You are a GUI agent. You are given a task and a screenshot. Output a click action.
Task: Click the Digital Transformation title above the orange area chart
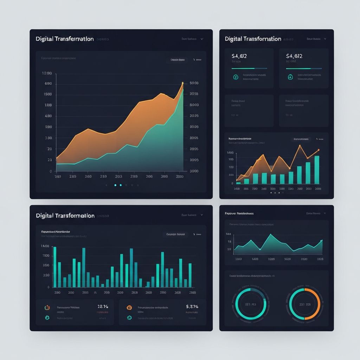click(x=65, y=39)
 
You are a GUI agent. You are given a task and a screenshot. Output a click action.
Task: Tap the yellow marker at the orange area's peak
click(x=183, y=83)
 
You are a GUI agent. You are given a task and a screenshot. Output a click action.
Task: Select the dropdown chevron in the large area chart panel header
click(x=201, y=39)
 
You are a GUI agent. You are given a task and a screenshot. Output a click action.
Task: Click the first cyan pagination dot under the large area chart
click(x=115, y=185)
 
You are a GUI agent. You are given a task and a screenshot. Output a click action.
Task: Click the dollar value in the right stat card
click(x=294, y=56)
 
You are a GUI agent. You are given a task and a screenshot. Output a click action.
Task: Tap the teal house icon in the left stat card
click(x=236, y=77)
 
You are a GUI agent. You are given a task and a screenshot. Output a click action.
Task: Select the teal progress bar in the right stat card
click(x=298, y=69)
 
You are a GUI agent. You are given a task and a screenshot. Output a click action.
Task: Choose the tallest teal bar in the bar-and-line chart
click(x=317, y=169)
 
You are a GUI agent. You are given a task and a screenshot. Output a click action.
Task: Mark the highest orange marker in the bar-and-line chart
click(x=300, y=145)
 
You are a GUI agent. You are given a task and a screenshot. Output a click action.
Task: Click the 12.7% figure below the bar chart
click(x=103, y=307)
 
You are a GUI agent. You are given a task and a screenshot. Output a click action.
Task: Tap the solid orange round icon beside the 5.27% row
click(x=129, y=308)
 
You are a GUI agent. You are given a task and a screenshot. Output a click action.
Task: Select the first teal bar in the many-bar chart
click(x=55, y=267)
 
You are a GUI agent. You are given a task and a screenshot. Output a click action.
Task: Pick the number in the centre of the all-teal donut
click(x=250, y=304)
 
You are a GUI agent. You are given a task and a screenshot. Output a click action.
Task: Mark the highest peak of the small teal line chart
click(x=270, y=234)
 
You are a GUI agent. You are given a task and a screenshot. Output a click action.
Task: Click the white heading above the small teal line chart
click(x=239, y=213)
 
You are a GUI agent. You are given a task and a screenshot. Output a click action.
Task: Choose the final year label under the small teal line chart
click(x=320, y=259)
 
